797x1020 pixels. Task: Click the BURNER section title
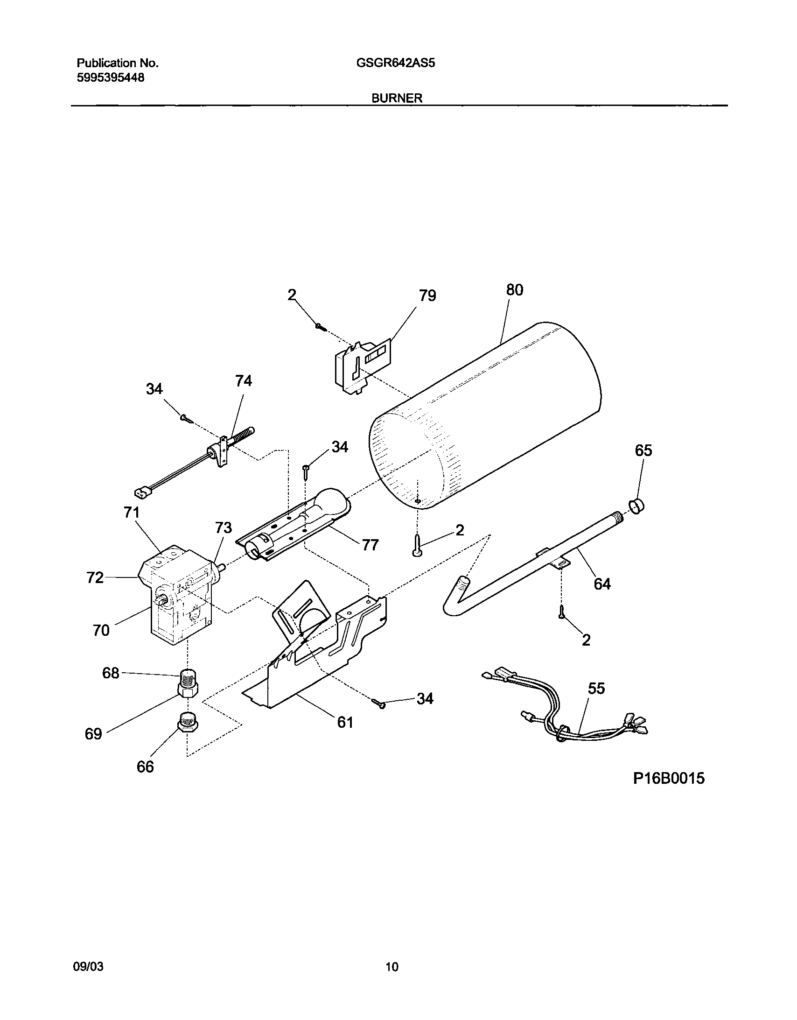(397, 98)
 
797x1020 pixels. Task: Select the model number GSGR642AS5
(395, 63)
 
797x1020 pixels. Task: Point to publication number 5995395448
(110, 77)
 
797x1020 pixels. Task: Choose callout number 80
(515, 290)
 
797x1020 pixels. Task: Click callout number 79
(427, 295)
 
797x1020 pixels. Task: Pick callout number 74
(243, 381)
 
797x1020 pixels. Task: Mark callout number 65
(643, 450)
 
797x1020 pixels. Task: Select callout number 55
(596, 688)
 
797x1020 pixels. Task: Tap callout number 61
(345, 723)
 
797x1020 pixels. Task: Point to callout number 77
(370, 545)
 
